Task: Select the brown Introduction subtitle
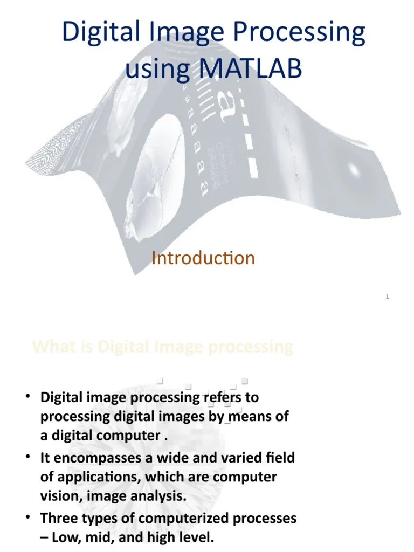point(203,258)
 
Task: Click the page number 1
point(387,296)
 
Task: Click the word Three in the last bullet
point(58,518)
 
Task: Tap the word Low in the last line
point(67,537)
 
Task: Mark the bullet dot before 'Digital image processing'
point(27,398)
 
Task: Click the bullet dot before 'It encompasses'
point(27,458)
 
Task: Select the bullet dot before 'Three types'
point(27,517)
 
